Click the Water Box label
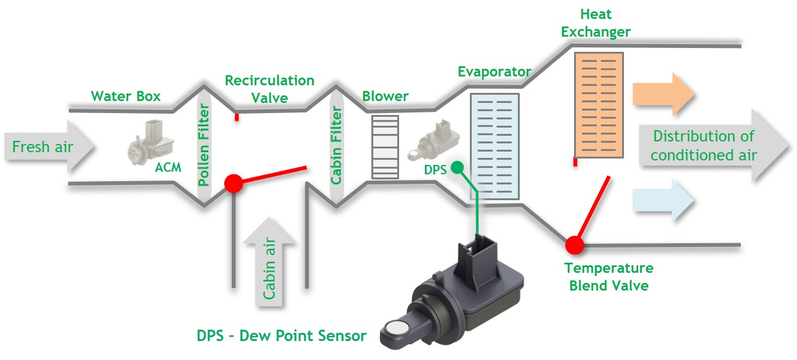126,97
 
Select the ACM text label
167,169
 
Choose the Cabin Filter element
336,146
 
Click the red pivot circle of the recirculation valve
234,184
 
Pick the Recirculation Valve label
270,89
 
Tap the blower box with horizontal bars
385,147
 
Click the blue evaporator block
494,146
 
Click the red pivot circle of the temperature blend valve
574,244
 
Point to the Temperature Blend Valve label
609,277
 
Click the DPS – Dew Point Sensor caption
281,335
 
